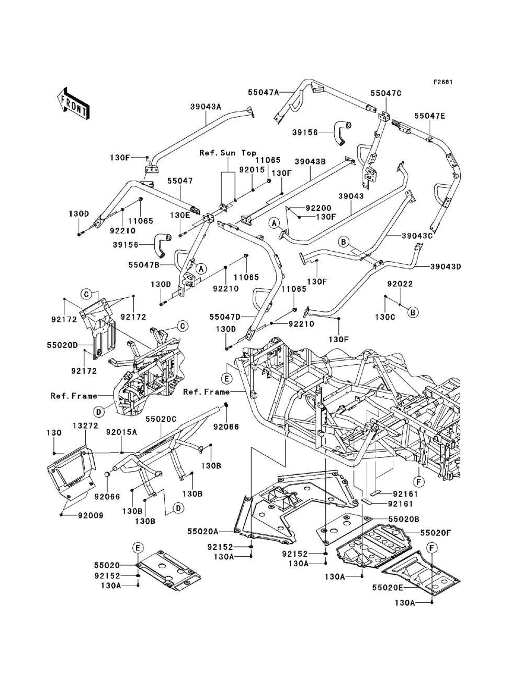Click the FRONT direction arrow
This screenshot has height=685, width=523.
pos(74,103)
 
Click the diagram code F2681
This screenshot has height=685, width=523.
pos(443,82)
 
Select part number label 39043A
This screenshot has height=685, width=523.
pos(206,107)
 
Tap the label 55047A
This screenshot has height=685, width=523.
pos(264,92)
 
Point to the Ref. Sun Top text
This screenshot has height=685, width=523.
pos(228,153)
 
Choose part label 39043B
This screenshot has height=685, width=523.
pos(310,162)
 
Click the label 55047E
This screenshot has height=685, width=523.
pos(430,116)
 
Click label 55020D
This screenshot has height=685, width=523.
pos(62,345)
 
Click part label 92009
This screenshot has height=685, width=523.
pos(90,515)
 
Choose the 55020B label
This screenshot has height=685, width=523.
pos(404,519)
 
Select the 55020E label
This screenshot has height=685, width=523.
pos(388,588)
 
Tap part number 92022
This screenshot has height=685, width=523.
pos(400,284)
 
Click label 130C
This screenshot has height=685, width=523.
pos(385,317)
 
